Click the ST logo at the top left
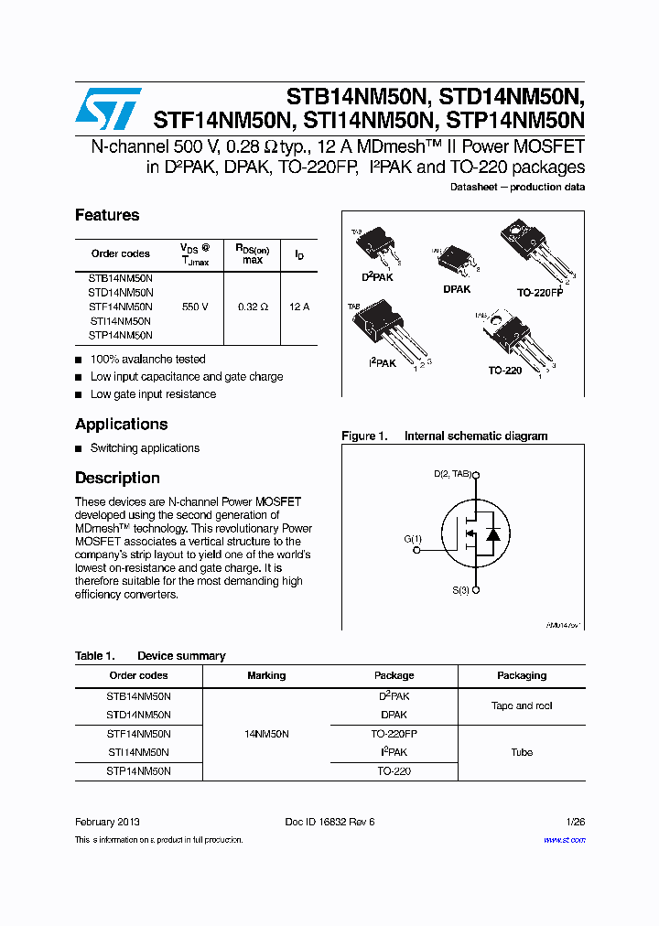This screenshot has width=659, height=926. pyautogui.click(x=107, y=109)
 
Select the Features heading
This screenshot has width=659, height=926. pyautogui.click(x=107, y=215)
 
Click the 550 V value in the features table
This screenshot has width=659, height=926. pyautogui.click(x=195, y=307)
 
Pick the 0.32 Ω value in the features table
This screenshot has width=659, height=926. pyautogui.click(x=253, y=307)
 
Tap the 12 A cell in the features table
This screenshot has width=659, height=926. pyautogui.click(x=299, y=307)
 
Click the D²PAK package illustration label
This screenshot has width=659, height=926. pyautogui.click(x=377, y=276)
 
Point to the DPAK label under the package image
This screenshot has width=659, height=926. pyautogui.click(x=457, y=289)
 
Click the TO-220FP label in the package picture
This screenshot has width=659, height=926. pyautogui.click(x=540, y=293)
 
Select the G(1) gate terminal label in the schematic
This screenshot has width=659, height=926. pyautogui.click(x=413, y=539)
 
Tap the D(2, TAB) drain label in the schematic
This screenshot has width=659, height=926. pyautogui.click(x=453, y=474)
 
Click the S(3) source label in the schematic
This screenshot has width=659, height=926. pyautogui.click(x=460, y=591)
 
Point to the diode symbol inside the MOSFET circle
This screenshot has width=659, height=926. pyautogui.click(x=492, y=534)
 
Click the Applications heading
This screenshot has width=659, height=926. pyautogui.click(x=121, y=425)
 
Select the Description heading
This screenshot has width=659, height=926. pyautogui.click(x=117, y=479)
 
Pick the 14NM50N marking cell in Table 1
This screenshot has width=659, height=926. pyautogui.click(x=266, y=734)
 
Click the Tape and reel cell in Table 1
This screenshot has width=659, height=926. pyautogui.click(x=522, y=705)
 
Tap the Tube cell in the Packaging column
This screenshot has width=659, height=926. pyautogui.click(x=522, y=752)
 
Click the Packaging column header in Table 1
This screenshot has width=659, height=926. pyautogui.click(x=522, y=675)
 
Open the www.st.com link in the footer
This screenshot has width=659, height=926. pyautogui.click(x=564, y=839)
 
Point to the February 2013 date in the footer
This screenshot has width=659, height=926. pyautogui.click(x=107, y=822)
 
